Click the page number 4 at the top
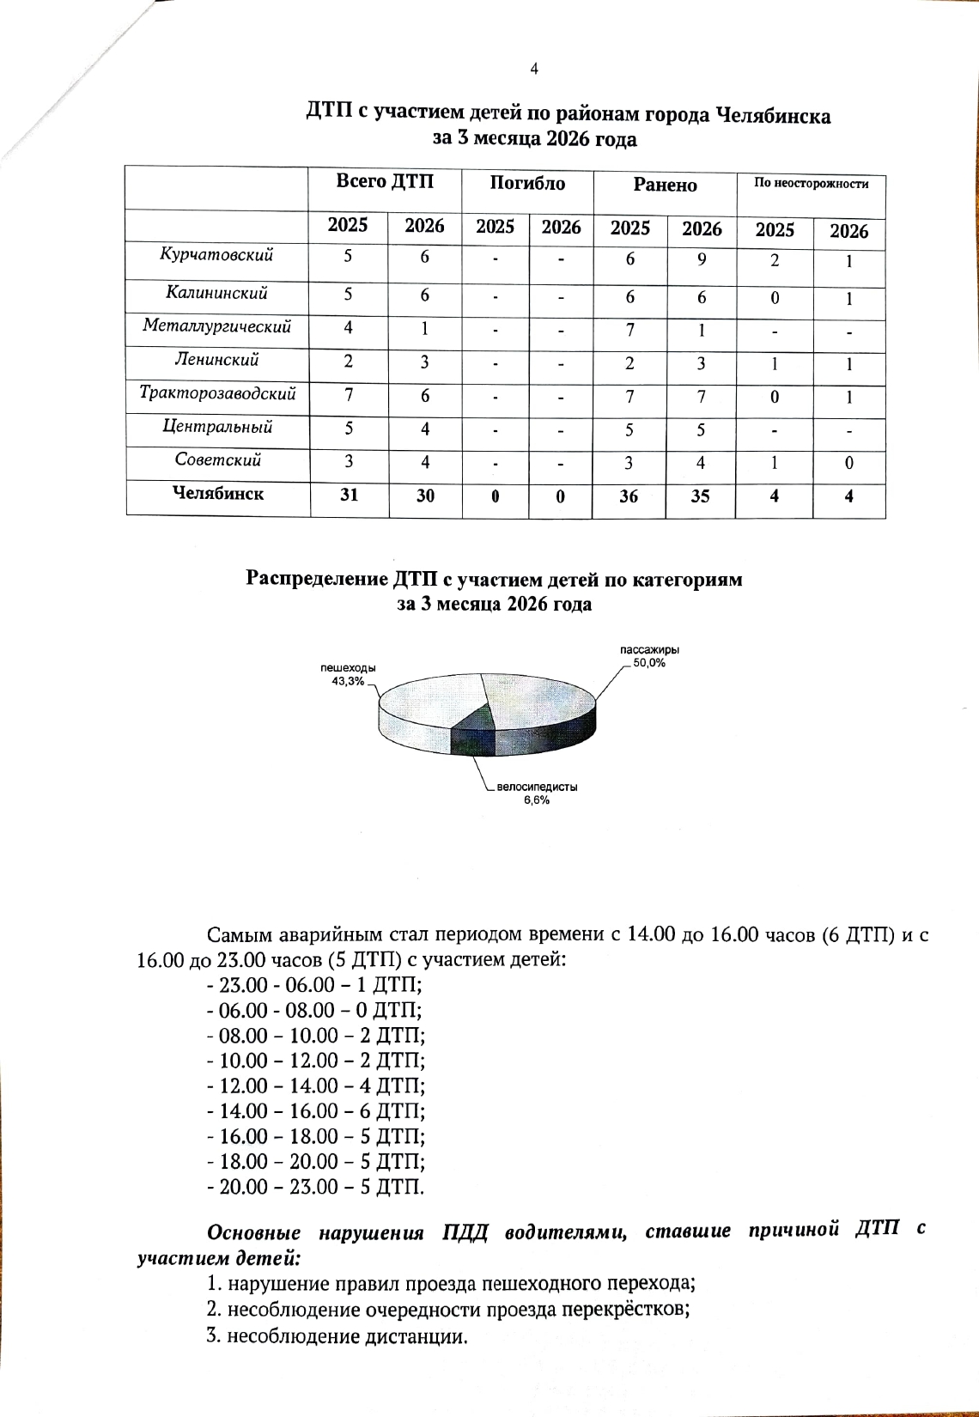tap(534, 70)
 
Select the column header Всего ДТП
tap(385, 181)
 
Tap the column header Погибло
tap(527, 183)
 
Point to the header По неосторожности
tap(811, 183)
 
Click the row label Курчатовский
tap(216, 255)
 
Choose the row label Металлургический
tap(216, 326)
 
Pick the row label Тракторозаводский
tap(217, 393)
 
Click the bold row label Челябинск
tap(218, 494)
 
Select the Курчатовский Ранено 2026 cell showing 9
tap(702, 258)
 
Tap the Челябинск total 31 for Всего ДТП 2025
tap(349, 495)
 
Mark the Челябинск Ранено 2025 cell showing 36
tap(629, 496)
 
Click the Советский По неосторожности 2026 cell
tap(848, 464)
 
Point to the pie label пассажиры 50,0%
tap(649, 657)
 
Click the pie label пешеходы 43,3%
tap(348, 674)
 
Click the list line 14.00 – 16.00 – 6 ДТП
tap(317, 1111)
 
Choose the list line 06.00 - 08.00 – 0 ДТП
tap(315, 1010)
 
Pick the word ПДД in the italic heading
tap(465, 1232)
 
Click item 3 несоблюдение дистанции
tap(337, 1337)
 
